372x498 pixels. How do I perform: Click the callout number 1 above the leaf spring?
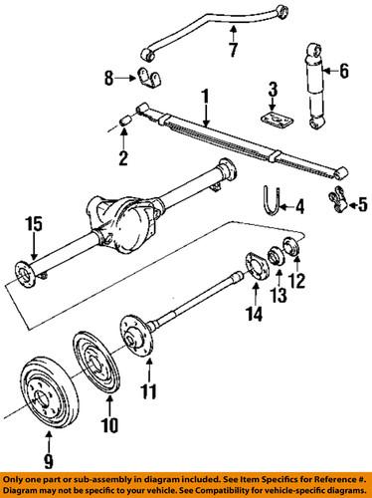click(x=206, y=97)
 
